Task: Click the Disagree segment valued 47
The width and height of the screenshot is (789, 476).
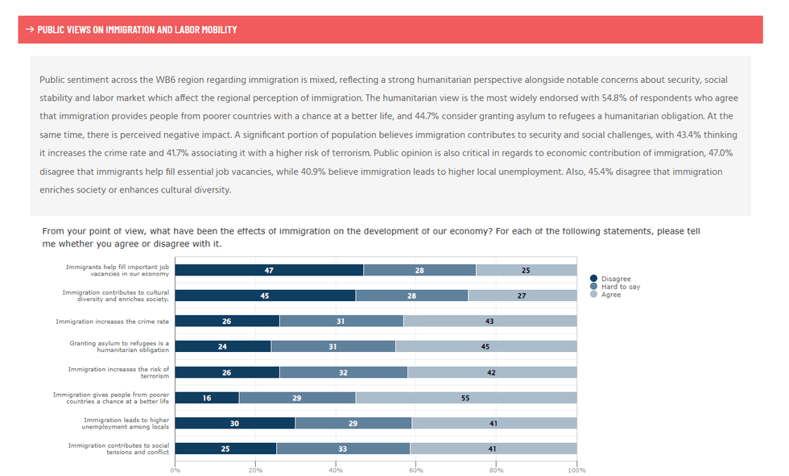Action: pyautogui.click(x=269, y=271)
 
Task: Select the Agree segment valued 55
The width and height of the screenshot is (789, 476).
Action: pyautogui.click(x=466, y=398)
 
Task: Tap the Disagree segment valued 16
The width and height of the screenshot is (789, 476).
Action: pyautogui.click(x=207, y=398)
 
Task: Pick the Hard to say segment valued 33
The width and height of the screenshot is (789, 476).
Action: pyautogui.click(x=343, y=449)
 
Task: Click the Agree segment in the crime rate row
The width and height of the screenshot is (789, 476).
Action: pyautogui.click(x=490, y=321)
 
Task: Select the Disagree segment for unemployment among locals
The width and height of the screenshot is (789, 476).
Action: pyautogui.click(x=235, y=423)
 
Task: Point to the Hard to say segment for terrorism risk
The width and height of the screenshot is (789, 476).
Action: pyautogui.click(x=344, y=372)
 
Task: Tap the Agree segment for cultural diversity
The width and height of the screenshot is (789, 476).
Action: pyautogui.click(x=522, y=296)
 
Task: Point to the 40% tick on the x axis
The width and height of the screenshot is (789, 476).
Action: pyautogui.click(x=336, y=470)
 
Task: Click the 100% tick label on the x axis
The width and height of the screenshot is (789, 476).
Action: pyautogui.click(x=576, y=470)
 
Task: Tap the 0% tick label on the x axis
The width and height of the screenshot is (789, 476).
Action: pyautogui.click(x=176, y=470)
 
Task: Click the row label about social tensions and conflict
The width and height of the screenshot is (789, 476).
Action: pyautogui.click(x=118, y=449)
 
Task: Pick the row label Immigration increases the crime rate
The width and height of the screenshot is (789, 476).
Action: pyautogui.click(x=113, y=321)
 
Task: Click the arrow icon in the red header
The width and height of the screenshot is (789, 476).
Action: pyautogui.click(x=30, y=30)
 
